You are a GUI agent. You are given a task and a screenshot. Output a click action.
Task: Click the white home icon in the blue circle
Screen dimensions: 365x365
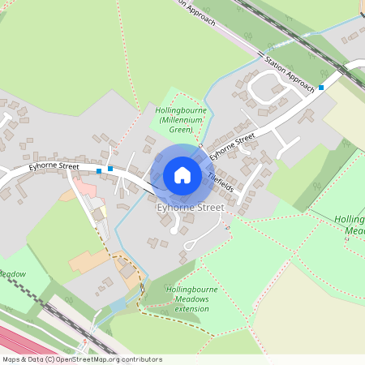182,175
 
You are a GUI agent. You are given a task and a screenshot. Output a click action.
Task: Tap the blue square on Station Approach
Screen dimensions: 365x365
321,87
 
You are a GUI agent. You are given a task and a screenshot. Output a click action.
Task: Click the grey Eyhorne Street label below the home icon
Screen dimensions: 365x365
189,208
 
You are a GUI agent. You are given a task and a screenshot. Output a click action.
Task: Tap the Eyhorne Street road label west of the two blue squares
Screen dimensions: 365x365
54,166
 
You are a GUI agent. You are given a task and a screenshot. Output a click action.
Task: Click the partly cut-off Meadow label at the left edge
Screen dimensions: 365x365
13,274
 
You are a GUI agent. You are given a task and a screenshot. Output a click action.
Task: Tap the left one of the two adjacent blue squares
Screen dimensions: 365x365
99,171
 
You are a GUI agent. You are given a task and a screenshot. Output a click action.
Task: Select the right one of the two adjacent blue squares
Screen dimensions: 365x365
110,168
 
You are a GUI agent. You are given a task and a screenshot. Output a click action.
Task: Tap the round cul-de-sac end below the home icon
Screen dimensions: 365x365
173,231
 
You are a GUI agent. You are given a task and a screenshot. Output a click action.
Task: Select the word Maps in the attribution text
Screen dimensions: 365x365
12,359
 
